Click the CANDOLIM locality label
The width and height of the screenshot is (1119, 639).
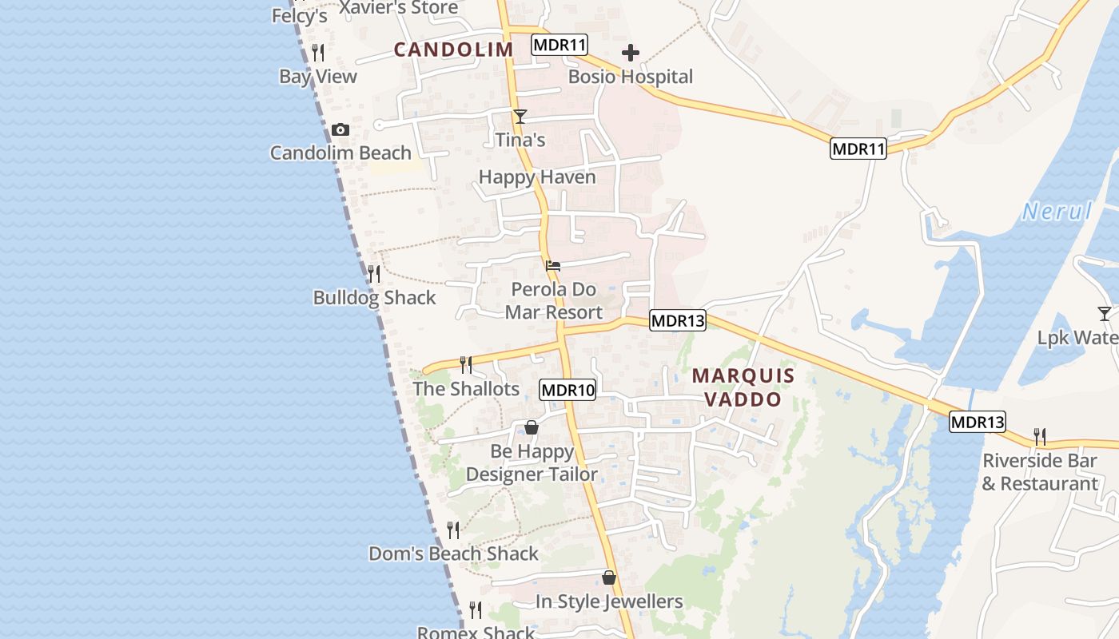point(453,50)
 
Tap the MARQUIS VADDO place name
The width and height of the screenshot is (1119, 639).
point(743,387)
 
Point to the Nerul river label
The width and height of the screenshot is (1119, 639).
point(1057,212)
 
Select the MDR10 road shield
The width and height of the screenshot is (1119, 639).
point(567,391)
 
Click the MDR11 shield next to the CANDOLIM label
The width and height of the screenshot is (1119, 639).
point(559,45)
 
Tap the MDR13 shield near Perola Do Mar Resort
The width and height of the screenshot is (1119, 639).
point(678,321)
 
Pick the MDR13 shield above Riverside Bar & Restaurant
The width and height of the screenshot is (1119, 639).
point(978,422)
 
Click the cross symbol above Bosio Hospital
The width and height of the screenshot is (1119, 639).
point(631,54)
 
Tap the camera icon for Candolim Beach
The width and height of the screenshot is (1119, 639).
point(340,130)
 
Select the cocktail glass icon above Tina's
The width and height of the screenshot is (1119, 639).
point(520,117)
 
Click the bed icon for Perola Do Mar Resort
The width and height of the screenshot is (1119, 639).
point(553,266)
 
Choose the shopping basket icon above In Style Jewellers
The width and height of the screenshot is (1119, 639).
point(609,577)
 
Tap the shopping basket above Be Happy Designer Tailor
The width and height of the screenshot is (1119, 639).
point(532,428)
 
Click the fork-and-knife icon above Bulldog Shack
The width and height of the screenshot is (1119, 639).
point(374,274)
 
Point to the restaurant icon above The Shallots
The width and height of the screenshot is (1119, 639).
point(466,365)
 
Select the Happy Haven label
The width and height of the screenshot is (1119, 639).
point(537,177)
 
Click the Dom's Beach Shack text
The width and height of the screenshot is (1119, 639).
point(453,554)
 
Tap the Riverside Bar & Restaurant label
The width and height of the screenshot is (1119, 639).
point(1040,472)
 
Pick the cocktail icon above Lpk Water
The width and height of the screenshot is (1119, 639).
point(1105,314)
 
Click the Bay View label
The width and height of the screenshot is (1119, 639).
point(318,77)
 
